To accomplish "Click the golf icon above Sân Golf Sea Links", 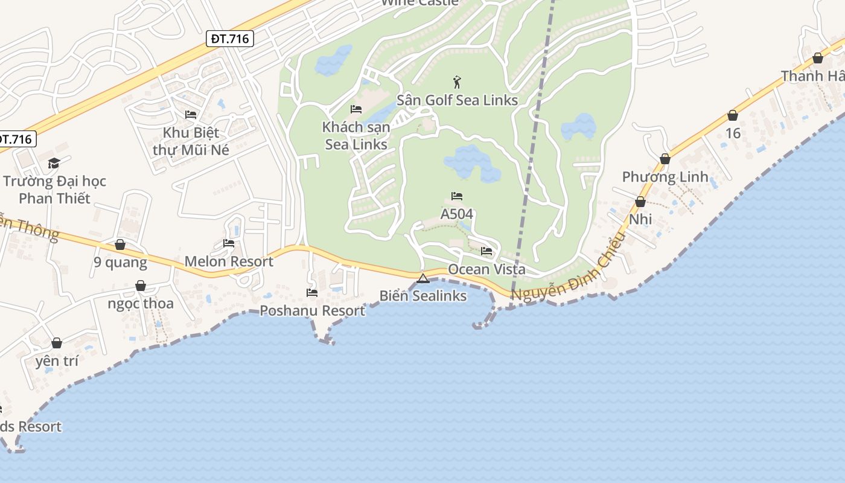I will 457,82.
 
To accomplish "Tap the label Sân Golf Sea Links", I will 457,100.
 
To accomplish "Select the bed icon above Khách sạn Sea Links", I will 356,109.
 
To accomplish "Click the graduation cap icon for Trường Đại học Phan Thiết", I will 54,163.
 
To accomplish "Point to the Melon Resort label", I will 229,261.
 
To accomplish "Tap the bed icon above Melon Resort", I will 229,243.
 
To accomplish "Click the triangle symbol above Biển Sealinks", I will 422,278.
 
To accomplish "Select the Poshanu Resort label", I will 312,311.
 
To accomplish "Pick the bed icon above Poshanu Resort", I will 312,293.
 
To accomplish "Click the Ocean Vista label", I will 486,269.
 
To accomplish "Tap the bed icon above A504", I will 457,196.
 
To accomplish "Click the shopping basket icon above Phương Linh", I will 665,159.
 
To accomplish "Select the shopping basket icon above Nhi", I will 640,202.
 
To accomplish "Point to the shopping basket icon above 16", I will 733,115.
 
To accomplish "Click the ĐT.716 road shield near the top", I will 230,39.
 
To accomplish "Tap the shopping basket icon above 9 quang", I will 120,245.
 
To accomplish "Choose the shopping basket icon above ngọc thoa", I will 141,286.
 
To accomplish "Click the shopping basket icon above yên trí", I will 57,343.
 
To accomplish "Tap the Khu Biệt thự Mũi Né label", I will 191,141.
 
